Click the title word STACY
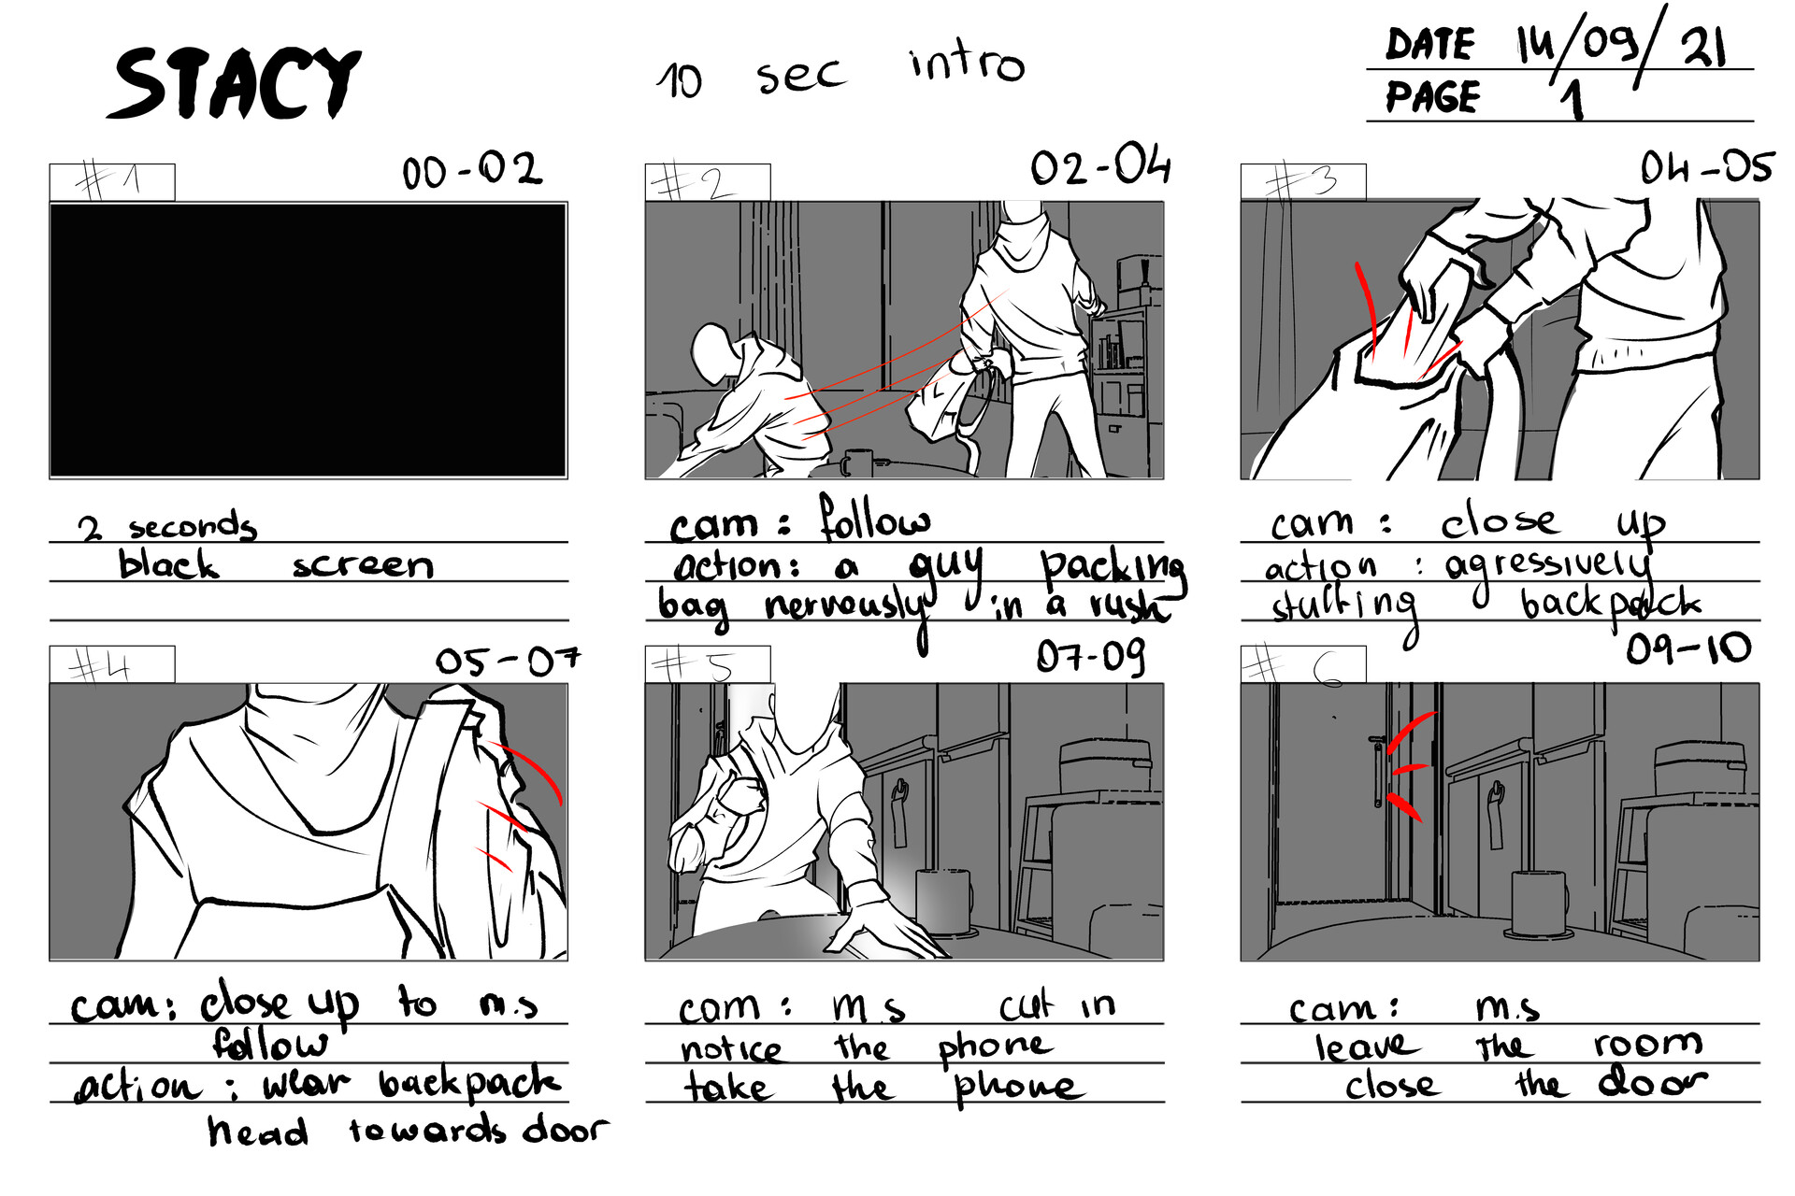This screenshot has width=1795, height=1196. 236,84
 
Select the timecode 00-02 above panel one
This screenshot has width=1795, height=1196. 471,171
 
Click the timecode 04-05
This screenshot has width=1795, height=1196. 1705,169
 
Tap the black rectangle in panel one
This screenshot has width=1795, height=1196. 308,340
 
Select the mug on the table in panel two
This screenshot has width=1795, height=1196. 857,463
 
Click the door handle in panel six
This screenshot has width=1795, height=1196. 1377,772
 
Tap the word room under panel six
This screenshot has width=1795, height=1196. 1648,1043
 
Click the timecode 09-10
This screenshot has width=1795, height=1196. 1688,648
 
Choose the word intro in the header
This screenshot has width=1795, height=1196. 967,64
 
